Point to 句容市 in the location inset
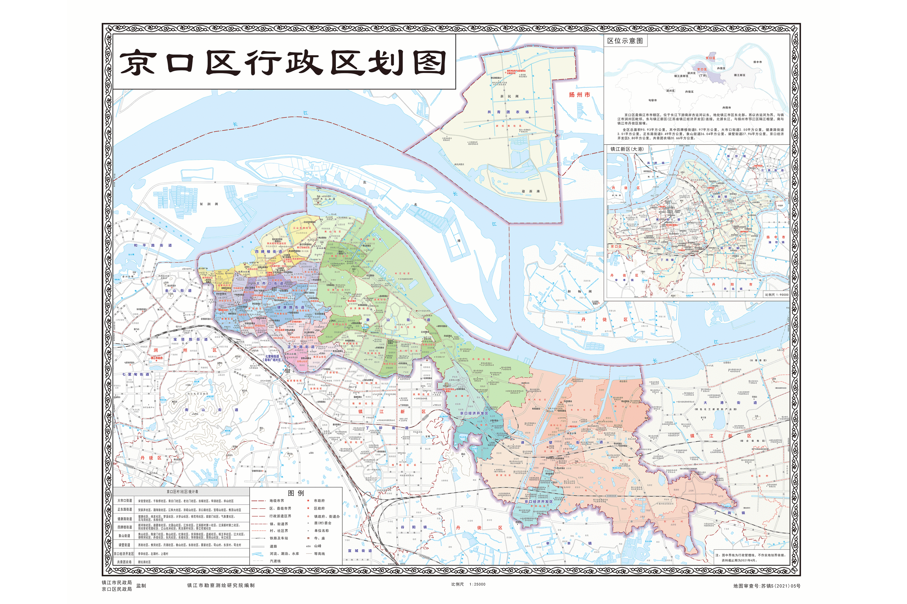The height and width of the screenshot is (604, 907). (x=652, y=100)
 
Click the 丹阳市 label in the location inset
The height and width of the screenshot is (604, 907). (x=726, y=108)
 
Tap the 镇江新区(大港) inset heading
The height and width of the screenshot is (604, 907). (x=627, y=149)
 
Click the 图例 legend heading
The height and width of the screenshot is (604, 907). (x=296, y=493)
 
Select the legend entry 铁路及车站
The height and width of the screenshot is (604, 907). (x=278, y=538)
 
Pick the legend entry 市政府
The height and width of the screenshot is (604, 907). (x=319, y=501)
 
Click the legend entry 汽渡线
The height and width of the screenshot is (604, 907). (x=275, y=561)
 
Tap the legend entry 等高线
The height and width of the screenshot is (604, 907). (x=319, y=554)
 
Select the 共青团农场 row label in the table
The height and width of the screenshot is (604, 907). (x=124, y=562)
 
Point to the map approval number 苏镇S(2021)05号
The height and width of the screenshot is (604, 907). (x=766, y=586)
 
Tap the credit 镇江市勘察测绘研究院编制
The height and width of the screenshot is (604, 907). (x=221, y=585)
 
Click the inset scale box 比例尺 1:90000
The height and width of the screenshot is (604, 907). (x=776, y=295)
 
